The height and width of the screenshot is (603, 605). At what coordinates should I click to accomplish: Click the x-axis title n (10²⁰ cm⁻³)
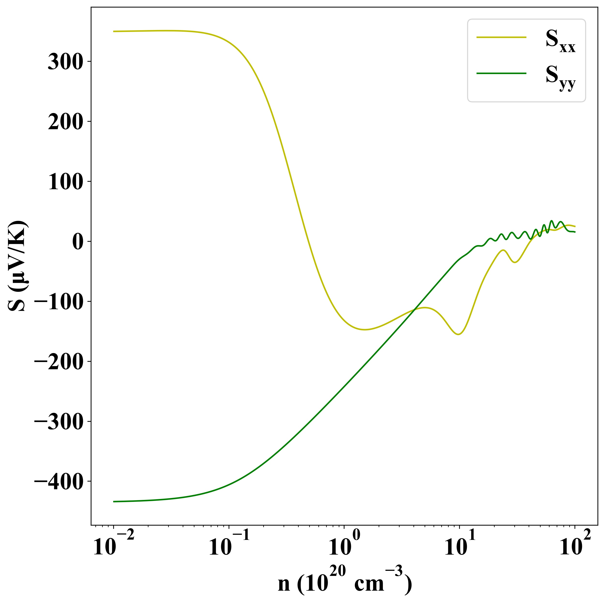pos(344,583)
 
